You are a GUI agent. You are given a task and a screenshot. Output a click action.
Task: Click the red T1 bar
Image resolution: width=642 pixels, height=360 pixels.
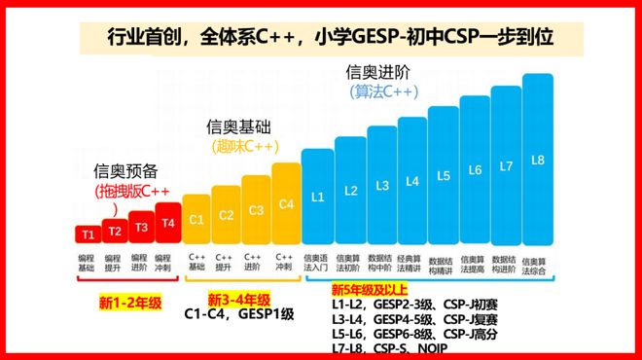[88, 234]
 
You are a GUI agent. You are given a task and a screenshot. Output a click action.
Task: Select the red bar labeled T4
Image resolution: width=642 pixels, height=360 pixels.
[168, 224]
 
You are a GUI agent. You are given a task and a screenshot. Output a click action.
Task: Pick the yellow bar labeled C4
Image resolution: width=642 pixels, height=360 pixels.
[286, 203]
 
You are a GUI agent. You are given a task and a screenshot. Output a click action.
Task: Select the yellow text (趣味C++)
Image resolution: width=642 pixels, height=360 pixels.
[243, 147]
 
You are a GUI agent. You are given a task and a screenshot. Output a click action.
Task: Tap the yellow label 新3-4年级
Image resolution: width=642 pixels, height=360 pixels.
[238, 300]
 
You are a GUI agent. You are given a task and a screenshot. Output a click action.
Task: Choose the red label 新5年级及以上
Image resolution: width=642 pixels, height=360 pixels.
[370, 290]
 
